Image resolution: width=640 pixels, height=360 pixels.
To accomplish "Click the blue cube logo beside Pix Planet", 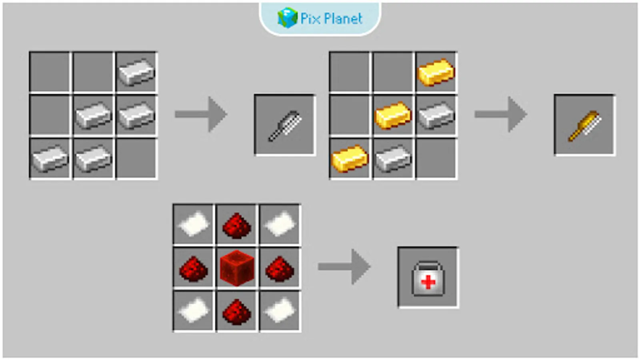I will click(287, 18).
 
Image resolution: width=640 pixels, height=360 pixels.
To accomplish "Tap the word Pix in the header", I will click(310, 18).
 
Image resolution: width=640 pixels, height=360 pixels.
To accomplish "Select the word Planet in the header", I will click(343, 18).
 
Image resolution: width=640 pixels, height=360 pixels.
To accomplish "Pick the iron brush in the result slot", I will click(285, 126).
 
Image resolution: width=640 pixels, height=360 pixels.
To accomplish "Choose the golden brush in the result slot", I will click(584, 126).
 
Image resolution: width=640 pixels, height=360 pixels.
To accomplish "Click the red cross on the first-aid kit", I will click(428, 282).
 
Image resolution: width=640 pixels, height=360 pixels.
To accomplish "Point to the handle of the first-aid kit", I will click(428, 266).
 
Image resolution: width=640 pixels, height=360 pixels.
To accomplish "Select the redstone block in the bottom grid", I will click(237, 268).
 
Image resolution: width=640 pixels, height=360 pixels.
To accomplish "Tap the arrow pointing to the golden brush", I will click(500, 114).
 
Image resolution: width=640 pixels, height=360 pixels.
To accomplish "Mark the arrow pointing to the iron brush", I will click(201, 114).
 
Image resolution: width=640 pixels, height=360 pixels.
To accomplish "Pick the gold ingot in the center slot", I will click(393, 115).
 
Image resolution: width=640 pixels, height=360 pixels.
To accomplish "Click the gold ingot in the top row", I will click(436, 72).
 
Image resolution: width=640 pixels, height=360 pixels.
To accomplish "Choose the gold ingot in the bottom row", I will click(350, 158).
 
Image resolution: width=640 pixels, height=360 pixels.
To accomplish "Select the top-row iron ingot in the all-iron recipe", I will click(136, 72).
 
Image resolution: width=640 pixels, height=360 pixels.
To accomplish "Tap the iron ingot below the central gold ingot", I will click(393, 159).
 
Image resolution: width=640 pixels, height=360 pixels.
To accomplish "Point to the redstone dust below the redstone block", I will click(237, 312).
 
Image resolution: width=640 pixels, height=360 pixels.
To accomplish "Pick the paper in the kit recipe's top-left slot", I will click(194, 224).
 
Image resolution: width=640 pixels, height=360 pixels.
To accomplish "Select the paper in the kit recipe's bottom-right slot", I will click(280, 311).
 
